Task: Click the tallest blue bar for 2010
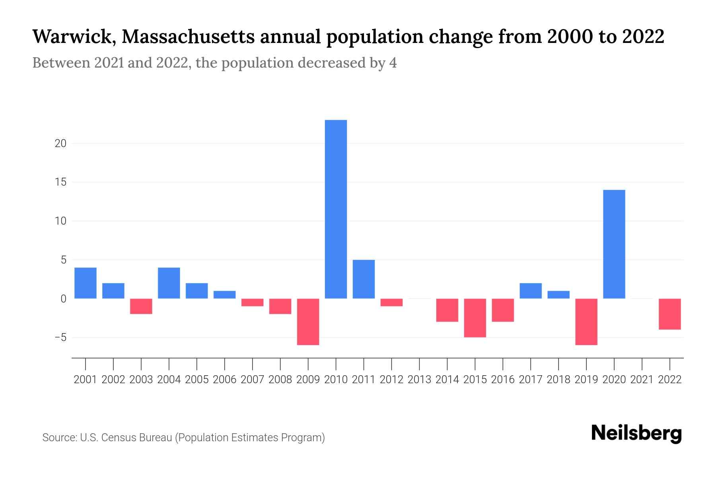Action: [x=336, y=209]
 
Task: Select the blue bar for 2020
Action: [x=614, y=244]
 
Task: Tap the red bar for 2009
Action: [x=308, y=322]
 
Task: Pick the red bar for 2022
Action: [x=669, y=314]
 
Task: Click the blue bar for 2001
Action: [x=86, y=283]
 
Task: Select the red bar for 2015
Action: [x=475, y=318]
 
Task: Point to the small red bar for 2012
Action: [x=391, y=302]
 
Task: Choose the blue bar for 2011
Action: [x=364, y=279]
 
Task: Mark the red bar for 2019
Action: [x=586, y=322]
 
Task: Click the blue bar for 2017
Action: [x=530, y=291]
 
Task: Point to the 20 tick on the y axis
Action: [x=60, y=143]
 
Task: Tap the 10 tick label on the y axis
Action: [x=60, y=221]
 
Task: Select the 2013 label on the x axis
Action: [x=419, y=380]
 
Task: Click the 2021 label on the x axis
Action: [x=642, y=380]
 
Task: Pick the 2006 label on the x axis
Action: [x=225, y=380]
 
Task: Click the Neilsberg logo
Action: [x=636, y=433]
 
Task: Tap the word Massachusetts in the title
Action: [x=188, y=37]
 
